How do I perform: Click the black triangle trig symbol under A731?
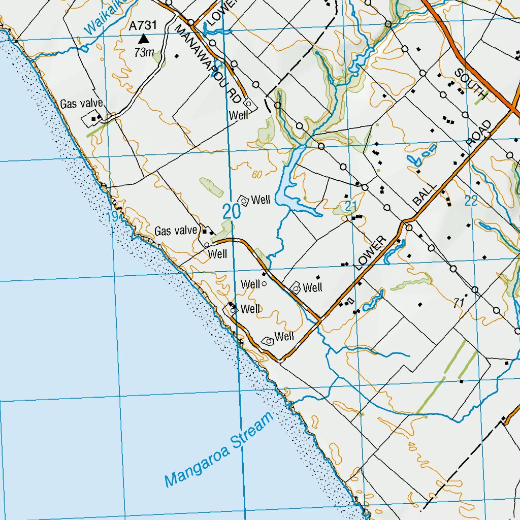(144, 39)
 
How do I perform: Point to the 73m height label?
(144, 52)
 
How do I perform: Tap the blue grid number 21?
(349, 206)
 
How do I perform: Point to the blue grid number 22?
(471, 201)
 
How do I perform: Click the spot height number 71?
(460, 303)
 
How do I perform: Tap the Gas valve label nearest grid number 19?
(176, 231)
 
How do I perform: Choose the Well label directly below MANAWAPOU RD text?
(238, 115)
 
